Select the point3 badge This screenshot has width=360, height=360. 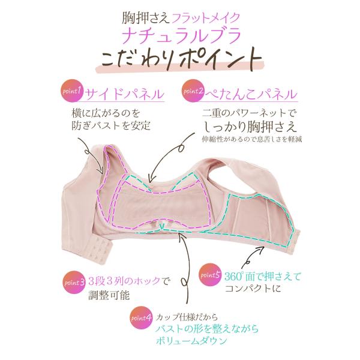[74, 280]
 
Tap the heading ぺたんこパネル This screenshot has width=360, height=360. [253, 94]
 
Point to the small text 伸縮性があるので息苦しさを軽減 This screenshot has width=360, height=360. [251, 139]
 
